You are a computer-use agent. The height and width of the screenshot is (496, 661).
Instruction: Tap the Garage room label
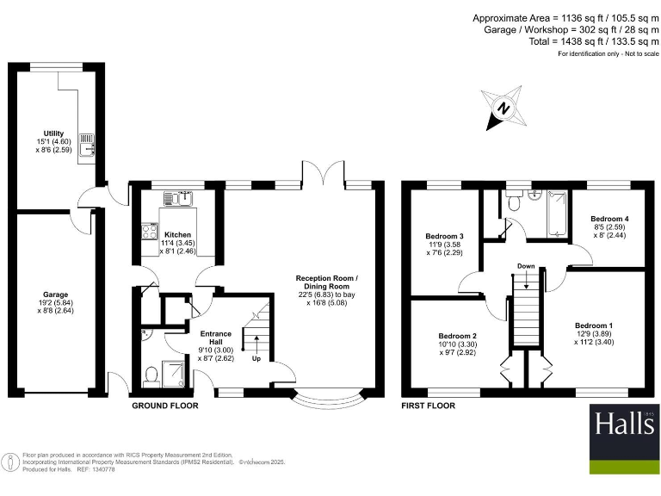click(x=56, y=294)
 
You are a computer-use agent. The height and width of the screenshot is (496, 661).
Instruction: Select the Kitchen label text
click(x=177, y=234)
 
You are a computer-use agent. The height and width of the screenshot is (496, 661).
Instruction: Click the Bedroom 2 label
click(x=457, y=335)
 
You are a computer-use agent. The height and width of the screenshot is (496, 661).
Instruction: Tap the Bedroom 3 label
click(x=445, y=236)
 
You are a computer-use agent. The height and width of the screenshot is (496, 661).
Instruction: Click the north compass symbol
click(x=503, y=108)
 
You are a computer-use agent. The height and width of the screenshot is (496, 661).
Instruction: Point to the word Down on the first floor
click(x=527, y=266)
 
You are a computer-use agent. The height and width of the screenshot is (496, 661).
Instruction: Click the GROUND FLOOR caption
click(x=164, y=405)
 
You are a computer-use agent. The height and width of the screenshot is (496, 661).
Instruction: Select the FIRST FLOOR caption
click(x=429, y=405)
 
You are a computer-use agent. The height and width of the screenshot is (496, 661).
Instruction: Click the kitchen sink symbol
click(x=180, y=199)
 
